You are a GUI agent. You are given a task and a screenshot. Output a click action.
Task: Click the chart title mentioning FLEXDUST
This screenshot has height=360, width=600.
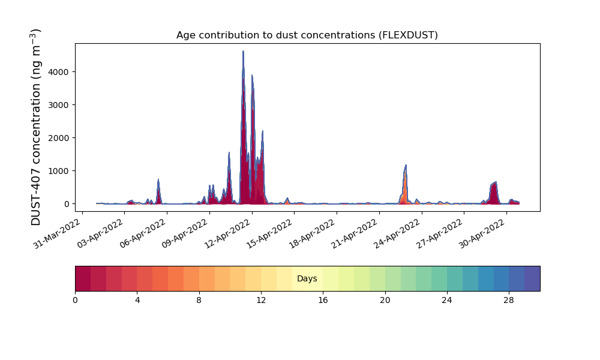(307, 35)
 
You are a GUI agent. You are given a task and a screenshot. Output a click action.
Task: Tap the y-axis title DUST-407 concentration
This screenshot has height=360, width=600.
(35, 127)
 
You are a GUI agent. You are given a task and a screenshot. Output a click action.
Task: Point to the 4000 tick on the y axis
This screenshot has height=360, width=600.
(59, 72)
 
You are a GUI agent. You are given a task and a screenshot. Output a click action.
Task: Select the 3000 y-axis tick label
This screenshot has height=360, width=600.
(59, 105)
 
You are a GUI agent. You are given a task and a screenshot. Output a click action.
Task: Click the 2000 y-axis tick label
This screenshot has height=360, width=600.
(59, 138)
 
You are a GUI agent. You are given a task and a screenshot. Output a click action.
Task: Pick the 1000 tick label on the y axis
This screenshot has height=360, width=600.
(59, 171)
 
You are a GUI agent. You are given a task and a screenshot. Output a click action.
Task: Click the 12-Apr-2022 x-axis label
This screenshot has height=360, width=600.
(227, 233)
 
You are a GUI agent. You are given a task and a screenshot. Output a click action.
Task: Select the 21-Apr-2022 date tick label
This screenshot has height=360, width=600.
(355, 233)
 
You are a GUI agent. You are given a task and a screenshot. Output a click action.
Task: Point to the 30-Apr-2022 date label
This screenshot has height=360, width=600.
(482, 233)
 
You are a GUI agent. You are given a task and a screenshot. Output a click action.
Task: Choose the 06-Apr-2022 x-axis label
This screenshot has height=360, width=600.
(142, 233)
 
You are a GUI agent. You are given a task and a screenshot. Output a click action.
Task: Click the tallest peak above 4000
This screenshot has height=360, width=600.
(243, 51)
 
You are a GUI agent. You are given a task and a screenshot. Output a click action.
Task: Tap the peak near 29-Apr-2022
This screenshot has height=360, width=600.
(496, 182)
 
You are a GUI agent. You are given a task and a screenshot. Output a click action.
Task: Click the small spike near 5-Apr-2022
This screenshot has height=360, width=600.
(158, 179)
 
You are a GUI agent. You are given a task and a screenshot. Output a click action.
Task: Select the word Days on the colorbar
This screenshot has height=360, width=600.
(307, 278)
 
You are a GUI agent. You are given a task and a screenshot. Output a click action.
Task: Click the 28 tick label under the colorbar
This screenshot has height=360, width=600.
(509, 301)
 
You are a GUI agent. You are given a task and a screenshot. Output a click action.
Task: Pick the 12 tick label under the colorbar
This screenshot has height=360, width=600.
(261, 301)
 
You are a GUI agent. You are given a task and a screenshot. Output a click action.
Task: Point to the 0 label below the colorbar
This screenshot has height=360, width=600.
(75, 301)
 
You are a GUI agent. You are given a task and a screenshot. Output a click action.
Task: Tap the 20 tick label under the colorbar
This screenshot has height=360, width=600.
(385, 301)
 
